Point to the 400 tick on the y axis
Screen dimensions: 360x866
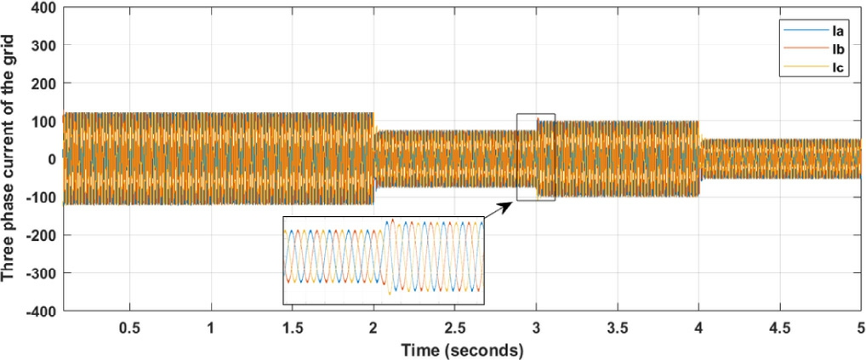(x=44, y=8)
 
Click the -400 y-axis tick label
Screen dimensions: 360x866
(x=42, y=311)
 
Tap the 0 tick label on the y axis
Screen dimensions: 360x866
(x=52, y=159)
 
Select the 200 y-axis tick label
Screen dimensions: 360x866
(x=44, y=83)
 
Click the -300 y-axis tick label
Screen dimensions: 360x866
(x=42, y=273)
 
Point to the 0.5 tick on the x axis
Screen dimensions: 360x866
(x=129, y=329)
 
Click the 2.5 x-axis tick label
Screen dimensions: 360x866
(x=455, y=329)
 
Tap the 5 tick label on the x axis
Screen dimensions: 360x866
(x=859, y=329)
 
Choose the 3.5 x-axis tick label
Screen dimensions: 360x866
(x=618, y=329)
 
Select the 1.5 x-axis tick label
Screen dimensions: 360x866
(x=292, y=329)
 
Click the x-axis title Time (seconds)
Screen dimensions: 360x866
(x=463, y=349)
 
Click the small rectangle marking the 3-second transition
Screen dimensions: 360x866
(x=536, y=157)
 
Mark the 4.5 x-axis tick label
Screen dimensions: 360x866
(x=780, y=329)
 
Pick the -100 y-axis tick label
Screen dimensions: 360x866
(x=42, y=197)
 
